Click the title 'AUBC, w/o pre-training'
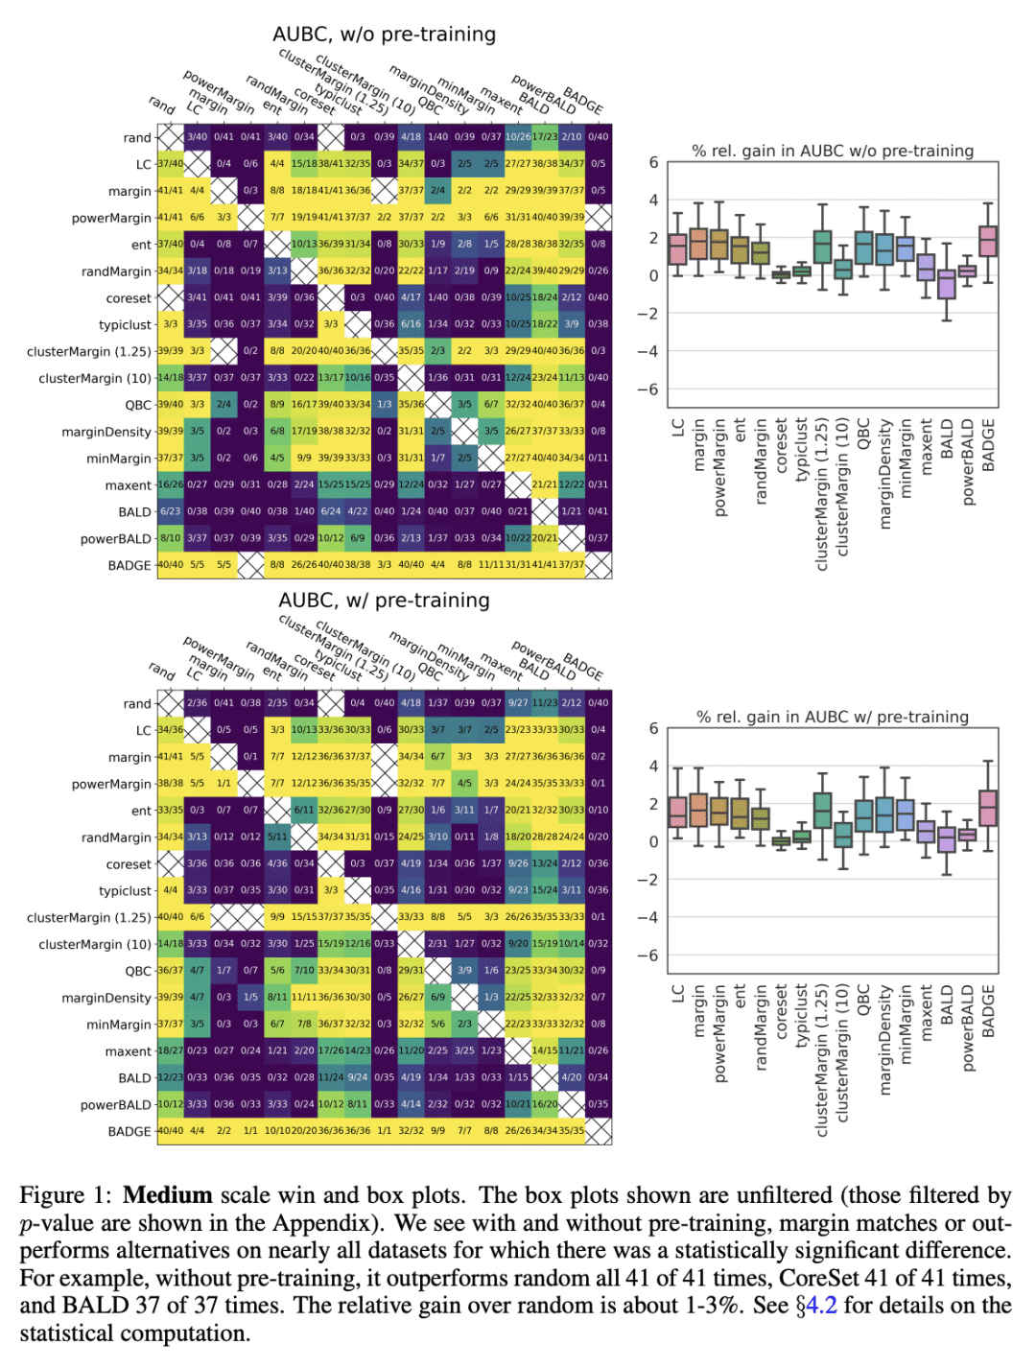[384, 35]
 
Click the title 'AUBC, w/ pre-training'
[384, 601]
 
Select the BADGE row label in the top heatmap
[129, 566]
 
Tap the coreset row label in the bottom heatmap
[129, 864]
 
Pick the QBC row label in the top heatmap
[138, 405]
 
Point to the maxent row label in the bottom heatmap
[129, 1051]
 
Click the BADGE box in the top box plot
[988, 241]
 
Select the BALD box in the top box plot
[947, 285]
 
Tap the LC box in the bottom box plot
[678, 812]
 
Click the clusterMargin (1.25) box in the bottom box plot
[822, 811]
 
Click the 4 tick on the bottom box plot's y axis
[653, 767]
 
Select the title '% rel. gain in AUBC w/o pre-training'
[833, 151]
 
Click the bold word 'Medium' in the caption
[168, 1195]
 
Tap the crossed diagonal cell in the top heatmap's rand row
[171, 137]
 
